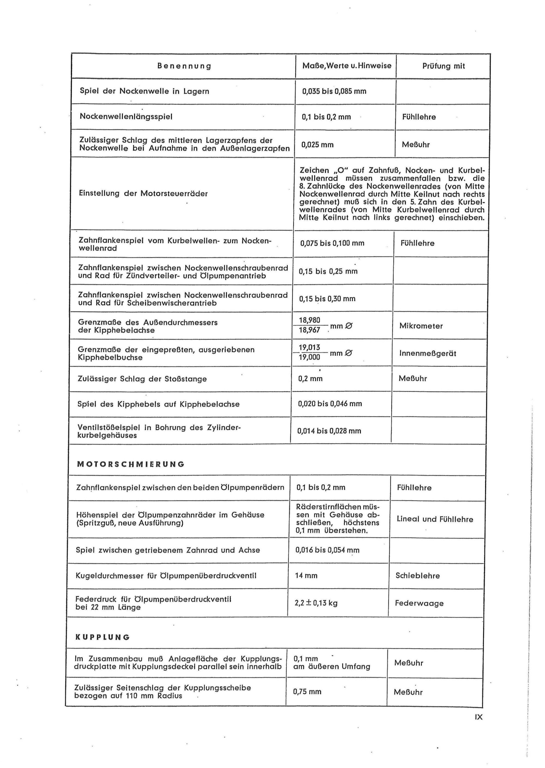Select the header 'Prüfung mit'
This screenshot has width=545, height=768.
coord(443,66)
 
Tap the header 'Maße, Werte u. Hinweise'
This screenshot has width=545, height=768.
coord(347,66)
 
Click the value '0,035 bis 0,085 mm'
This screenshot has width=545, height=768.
coord(334,91)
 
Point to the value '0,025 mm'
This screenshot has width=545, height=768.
coord(317,145)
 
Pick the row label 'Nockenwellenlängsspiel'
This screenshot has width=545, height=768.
coord(126,116)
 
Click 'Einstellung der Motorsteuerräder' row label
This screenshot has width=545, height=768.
coord(143,193)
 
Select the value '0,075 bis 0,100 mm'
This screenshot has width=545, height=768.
coord(332,243)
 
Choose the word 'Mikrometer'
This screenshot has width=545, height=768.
coord(421,326)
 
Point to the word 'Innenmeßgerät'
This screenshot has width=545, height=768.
coord(428,353)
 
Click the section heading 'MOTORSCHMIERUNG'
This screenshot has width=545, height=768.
coord(131,464)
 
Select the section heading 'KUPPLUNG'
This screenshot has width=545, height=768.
coord(102,637)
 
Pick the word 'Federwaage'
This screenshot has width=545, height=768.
coord(419,603)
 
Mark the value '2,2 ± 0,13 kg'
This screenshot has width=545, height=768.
coord(316,603)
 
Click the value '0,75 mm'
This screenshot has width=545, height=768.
coord(307,692)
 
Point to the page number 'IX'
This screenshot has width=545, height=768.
coord(479,717)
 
